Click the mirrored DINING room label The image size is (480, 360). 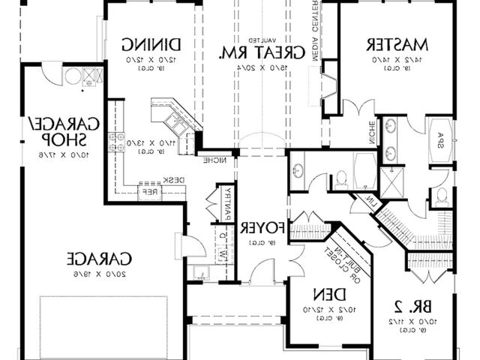(150, 43)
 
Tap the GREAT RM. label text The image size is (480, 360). (256, 52)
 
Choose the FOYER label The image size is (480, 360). (262, 227)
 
